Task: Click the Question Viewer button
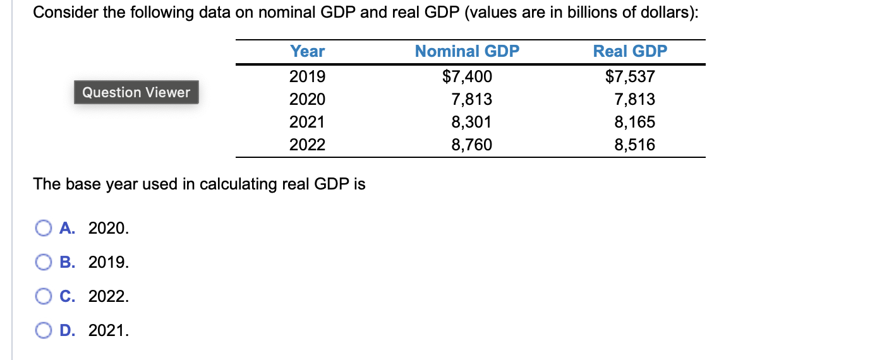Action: coord(136,92)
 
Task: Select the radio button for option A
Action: coord(44,228)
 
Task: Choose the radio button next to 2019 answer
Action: coord(44,262)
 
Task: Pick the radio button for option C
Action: coord(44,296)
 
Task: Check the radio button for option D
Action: coord(44,330)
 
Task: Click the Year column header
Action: coord(307,52)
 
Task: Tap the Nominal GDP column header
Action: coord(467,52)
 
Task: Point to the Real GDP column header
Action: coord(630,52)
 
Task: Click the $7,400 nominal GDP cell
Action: coord(467,77)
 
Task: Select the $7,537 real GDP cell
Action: coord(630,77)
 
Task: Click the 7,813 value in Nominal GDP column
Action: coord(471,100)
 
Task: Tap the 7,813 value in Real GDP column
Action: coord(634,100)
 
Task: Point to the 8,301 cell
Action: coord(471,122)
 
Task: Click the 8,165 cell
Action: coord(634,122)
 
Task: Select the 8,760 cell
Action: coord(471,145)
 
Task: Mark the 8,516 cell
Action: coord(634,145)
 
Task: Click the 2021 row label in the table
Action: coord(307,122)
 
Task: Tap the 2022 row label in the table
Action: coord(307,145)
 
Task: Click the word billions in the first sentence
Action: coord(581,13)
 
